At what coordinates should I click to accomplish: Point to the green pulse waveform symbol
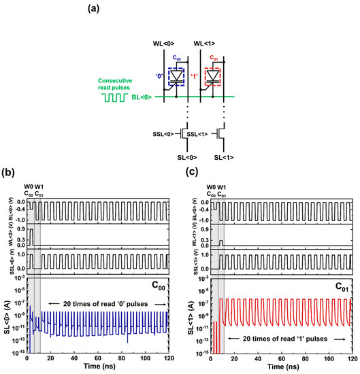[x=114, y=98]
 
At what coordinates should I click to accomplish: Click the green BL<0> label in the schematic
[x=143, y=98]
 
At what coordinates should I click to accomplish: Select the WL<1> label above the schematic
[x=201, y=44]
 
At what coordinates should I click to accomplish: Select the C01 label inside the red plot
[x=340, y=286]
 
